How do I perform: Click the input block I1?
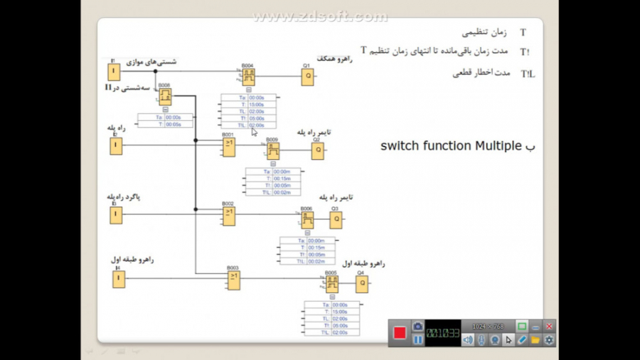coord(113,71)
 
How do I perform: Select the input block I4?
coord(118,280)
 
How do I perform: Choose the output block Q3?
coord(335,220)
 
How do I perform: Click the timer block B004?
coord(248,76)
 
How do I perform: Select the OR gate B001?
coord(229,147)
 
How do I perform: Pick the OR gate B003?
coord(233,280)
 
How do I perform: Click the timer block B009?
coord(272,151)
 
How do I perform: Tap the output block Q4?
coord(362,284)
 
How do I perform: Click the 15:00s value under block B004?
coord(257,105)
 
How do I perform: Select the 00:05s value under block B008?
coord(174,125)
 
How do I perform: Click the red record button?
coord(400,332)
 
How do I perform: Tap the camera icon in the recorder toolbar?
coord(418,326)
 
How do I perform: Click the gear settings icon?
coord(549,340)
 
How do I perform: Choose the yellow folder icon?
coord(535,340)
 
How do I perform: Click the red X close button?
coord(549,326)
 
